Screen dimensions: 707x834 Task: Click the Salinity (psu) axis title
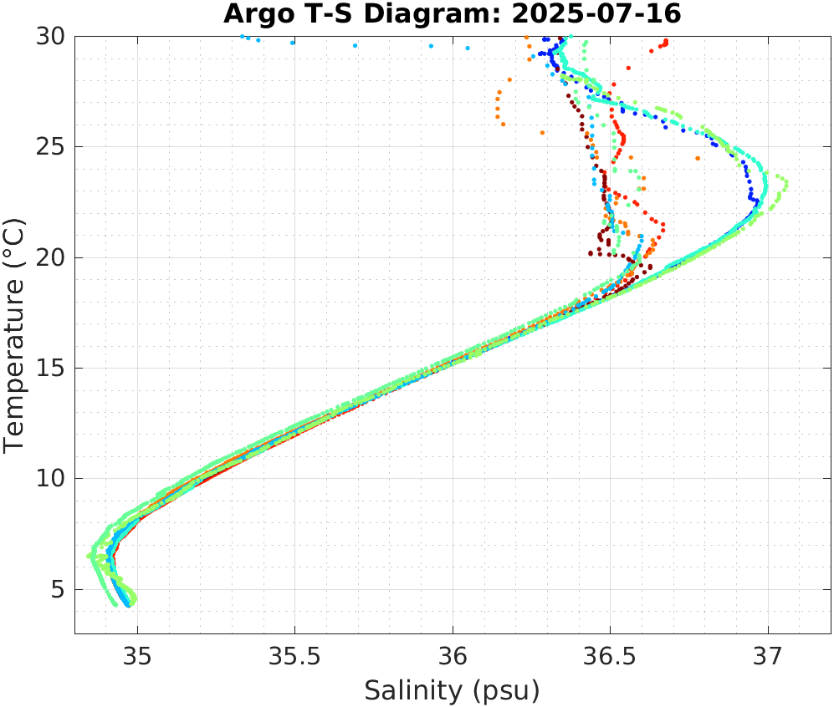point(452,690)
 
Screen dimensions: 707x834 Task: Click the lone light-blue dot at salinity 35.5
point(293,43)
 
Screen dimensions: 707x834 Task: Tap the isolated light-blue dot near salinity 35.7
point(355,45)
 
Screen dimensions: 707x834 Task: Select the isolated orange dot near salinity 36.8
point(698,158)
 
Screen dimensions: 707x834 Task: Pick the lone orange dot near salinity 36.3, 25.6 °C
point(542,133)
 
